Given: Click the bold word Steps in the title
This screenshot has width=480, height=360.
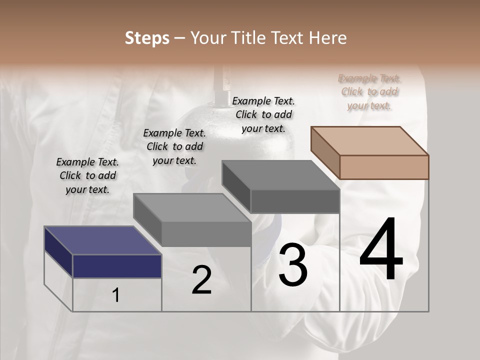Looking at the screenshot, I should pos(147,38).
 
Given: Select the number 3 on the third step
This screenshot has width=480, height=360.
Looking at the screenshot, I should pos(292,264).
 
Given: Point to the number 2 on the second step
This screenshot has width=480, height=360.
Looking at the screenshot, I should pos(201,280).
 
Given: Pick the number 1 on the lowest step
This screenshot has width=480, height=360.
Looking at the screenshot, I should pos(116,295).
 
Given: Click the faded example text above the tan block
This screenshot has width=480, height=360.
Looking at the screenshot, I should pos(369,91).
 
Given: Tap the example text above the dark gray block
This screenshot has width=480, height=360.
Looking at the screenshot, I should pos(263,114).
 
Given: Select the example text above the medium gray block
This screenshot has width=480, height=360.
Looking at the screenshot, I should pos(174,146).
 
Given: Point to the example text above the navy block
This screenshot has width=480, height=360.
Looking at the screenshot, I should pos(87,175).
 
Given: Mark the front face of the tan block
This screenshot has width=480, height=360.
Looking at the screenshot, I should pos(384,167).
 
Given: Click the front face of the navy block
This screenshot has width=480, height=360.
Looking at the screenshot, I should pos(117,266).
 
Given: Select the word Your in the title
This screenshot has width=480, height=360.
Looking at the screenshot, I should pos(207,38).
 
